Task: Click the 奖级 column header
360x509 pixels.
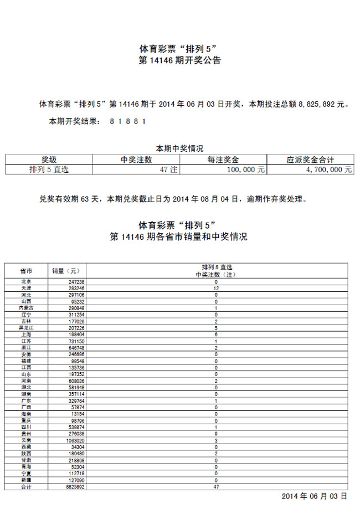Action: coord(49,160)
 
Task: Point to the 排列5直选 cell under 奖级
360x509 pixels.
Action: coord(49,169)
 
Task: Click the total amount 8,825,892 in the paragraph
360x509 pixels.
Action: coord(317,104)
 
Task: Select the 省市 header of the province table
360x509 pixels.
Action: coord(26,271)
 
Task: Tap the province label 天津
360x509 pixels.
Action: coord(26,289)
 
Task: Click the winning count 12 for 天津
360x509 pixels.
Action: coord(216,289)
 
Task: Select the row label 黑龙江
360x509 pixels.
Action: coord(26,328)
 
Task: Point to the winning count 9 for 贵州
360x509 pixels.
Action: coord(216,434)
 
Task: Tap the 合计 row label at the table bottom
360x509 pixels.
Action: coord(26,486)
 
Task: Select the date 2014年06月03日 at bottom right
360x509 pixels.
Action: coord(315,496)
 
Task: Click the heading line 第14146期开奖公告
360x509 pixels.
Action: coord(179,60)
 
